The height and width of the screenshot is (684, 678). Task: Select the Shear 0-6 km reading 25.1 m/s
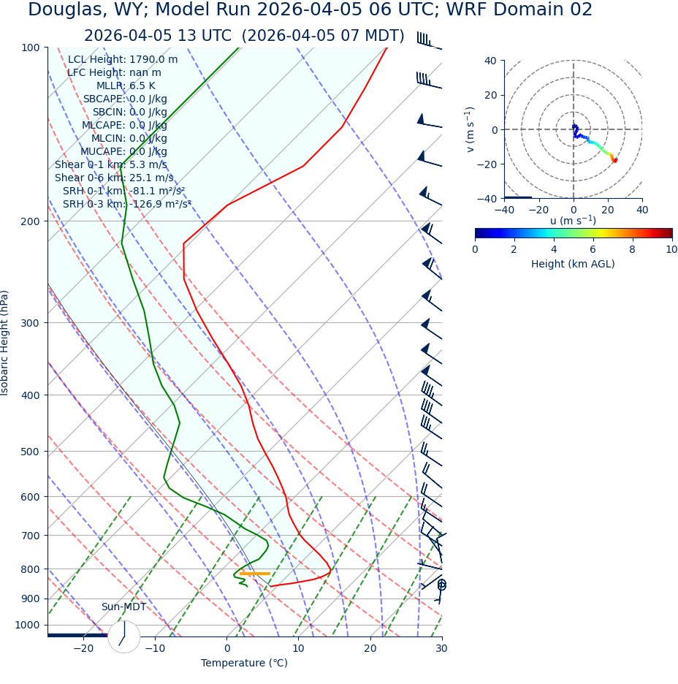point(151,178)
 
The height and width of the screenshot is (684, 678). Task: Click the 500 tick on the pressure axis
point(31,452)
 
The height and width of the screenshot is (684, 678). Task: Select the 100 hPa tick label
point(31,47)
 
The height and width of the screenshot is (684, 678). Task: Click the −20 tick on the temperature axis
point(83,648)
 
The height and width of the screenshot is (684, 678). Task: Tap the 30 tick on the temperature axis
point(441,648)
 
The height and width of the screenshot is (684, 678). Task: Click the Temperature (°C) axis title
point(244,663)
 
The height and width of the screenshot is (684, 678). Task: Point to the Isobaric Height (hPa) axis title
point(5,343)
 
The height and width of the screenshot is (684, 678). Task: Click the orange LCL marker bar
point(255,574)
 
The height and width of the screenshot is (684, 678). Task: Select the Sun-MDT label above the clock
point(123,607)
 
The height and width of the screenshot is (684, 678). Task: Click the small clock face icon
point(124,637)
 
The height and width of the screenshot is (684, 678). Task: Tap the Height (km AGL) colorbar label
point(573,264)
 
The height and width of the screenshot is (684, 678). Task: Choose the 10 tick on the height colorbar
point(671,249)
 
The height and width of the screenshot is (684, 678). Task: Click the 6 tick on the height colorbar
point(593,249)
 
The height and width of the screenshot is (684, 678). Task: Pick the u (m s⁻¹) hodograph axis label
point(573,220)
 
